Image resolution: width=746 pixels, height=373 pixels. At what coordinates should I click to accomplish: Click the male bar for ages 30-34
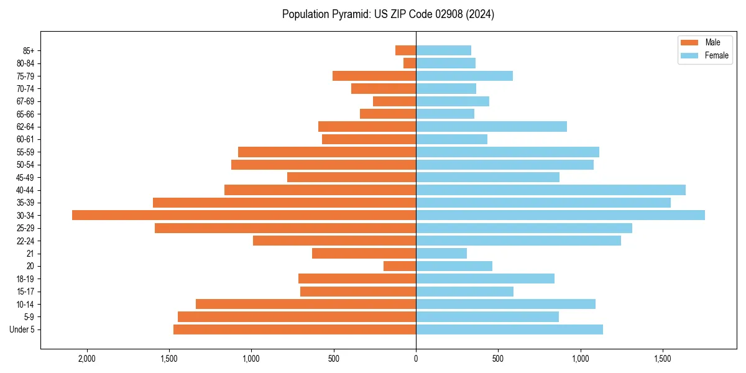tap(244, 215)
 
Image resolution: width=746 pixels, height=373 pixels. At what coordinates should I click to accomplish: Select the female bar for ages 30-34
tap(560, 215)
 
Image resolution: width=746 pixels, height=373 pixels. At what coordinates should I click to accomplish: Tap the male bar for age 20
tap(400, 266)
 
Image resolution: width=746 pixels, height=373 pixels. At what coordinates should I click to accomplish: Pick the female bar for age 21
tap(441, 253)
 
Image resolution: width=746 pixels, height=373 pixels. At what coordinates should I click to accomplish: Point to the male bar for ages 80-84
tap(410, 63)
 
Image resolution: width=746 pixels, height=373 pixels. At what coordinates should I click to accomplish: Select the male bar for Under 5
tap(295, 329)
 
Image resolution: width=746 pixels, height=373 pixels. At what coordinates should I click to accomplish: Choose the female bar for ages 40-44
tap(551, 190)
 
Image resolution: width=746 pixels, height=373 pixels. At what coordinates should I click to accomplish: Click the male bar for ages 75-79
tap(374, 76)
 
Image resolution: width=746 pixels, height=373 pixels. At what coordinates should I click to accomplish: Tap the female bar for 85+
tap(443, 50)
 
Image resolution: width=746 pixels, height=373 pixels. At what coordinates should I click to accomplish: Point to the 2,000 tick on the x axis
tap(86, 359)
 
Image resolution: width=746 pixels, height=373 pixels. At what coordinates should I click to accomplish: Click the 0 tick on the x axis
tap(416, 359)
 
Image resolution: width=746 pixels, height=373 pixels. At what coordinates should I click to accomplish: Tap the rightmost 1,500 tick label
tap(663, 359)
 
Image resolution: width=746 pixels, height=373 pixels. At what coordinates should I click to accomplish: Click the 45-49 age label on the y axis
tap(25, 177)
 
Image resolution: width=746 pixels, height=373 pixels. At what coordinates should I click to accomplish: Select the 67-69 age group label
tap(25, 101)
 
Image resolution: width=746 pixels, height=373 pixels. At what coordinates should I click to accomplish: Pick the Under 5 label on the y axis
tap(22, 329)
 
